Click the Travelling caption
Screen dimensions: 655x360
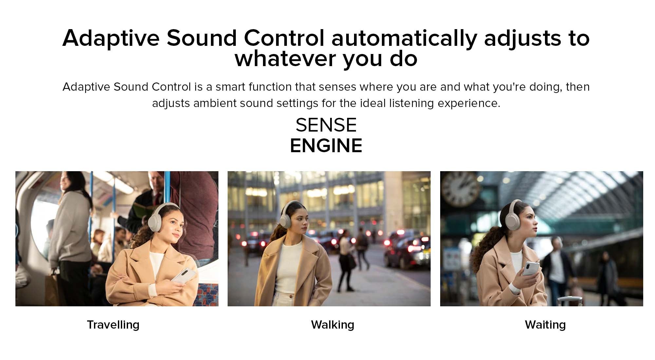(x=113, y=325)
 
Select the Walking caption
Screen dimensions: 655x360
(x=332, y=325)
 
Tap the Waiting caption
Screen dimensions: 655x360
(x=545, y=325)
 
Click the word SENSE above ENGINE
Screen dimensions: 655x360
(x=326, y=125)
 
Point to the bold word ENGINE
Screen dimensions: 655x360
(x=326, y=146)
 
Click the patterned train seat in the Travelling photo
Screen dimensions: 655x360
(x=208, y=294)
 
